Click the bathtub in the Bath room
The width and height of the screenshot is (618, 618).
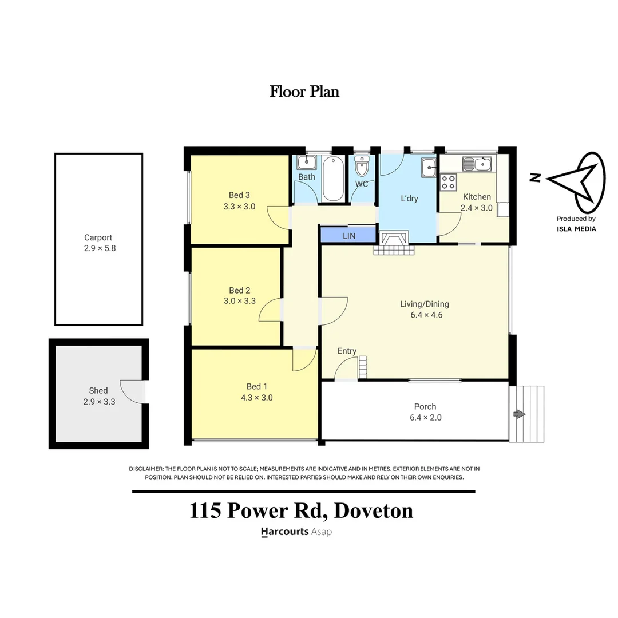click(x=333, y=179)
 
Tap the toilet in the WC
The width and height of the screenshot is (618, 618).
click(x=362, y=167)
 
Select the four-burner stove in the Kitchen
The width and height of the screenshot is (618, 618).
click(x=449, y=183)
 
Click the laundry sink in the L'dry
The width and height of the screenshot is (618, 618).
click(x=429, y=168)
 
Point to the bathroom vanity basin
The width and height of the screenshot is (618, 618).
click(x=307, y=163)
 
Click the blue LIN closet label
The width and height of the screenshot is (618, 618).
click(x=349, y=236)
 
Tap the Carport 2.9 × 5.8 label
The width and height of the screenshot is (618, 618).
click(x=100, y=243)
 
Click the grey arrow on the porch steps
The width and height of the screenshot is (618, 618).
click(x=520, y=414)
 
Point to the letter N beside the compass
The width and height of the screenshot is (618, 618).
click(x=534, y=178)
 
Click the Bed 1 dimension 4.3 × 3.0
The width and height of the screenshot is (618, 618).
click(x=257, y=398)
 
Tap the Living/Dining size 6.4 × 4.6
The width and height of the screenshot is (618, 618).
click(x=426, y=315)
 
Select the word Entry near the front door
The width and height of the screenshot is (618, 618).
click(x=347, y=351)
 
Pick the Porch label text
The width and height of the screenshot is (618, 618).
click(x=425, y=406)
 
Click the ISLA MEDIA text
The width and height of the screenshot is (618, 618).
click(x=576, y=229)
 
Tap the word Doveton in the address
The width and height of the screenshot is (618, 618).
click(x=373, y=510)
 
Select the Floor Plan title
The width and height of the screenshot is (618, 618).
click(x=304, y=92)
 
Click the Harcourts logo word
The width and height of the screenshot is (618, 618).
click(x=284, y=532)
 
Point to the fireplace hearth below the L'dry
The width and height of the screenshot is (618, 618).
click(x=394, y=250)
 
